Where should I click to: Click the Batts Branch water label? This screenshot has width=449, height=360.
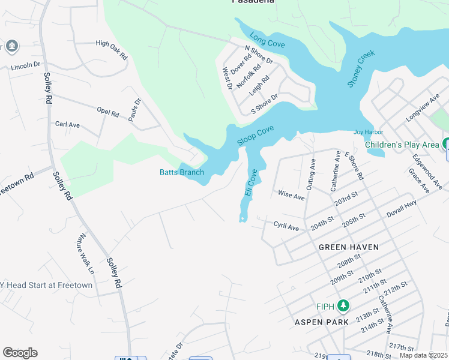point(181,173)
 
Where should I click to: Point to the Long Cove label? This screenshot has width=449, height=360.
point(267,40)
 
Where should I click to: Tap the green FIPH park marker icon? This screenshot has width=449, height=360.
point(343,306)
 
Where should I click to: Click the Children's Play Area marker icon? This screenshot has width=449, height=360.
point(446,144)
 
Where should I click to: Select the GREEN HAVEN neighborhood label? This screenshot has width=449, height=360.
point(348,247)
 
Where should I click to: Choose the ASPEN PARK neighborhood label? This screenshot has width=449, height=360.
point(322,322)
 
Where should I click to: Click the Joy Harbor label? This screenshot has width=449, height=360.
point(368,132)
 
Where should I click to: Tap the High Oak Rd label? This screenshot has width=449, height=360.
point(112,50)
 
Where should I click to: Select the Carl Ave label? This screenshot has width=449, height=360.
point(67,124)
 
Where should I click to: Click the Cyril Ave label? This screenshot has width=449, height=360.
point(286,227)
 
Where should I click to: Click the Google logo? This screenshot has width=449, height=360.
point(20,353)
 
